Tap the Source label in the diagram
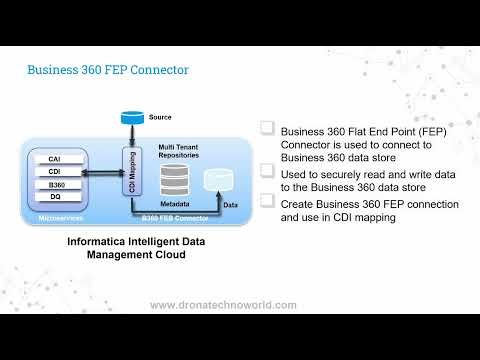pyautogui.click(x=160, y=118)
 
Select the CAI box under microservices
pyautogui.click(x=56, y=158)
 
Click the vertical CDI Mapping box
pyautogui.click(x=130, y=176)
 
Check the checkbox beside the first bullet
pyautogui.click(x=268, y=128)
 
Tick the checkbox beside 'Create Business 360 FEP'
pyautogui.click(x=268, y=201)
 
